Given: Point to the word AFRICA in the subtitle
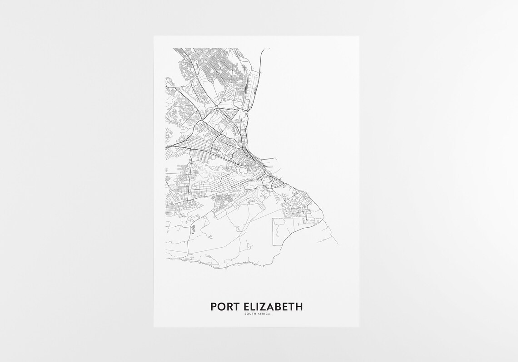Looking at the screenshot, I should point(263,314).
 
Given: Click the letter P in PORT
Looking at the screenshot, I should point(214,307).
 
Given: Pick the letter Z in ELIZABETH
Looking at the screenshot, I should point(262,307).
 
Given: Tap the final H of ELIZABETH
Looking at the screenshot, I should point(299,307).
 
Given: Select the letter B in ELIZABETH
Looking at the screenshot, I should point(277,307).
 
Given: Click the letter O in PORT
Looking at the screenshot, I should point(220,307).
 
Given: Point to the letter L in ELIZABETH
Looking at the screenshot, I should point(252,307).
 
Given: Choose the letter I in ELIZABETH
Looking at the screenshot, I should point(257,307).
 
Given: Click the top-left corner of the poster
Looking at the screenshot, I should point(154,37).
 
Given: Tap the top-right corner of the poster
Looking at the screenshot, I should point(359,37).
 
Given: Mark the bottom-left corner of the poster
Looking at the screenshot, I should point(154,327).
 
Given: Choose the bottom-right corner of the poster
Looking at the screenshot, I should point(359,327).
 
